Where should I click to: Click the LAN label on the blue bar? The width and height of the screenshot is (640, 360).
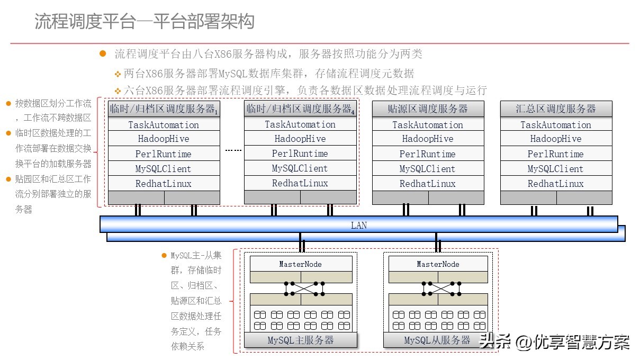358,225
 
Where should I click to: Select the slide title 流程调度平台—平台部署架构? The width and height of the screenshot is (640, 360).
145,21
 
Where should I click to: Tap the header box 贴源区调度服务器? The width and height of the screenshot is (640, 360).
428,109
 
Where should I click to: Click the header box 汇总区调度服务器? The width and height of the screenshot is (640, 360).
556,109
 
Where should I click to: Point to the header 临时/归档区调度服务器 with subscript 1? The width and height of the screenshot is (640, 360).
164,109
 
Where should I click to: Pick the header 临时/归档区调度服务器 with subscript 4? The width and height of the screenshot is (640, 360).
300,109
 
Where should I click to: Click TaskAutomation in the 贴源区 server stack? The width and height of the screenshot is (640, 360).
428,125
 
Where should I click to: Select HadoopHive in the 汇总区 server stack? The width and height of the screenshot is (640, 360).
556,139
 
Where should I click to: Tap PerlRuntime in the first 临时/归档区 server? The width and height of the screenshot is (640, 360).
164,154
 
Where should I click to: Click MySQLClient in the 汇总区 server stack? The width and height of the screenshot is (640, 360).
556,169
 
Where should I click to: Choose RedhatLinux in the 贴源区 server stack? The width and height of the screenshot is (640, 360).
428,184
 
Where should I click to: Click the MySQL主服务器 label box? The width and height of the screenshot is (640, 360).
301,340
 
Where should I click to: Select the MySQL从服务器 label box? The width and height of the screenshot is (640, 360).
437,340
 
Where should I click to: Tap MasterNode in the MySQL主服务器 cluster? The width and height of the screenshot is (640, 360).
300,264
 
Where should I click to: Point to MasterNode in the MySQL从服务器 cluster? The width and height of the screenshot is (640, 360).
438,264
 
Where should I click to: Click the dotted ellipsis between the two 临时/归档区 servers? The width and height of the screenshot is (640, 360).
233,150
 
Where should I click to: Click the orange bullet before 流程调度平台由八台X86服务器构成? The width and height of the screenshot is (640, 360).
103,53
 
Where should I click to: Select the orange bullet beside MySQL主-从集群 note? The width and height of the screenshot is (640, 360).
164,255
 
